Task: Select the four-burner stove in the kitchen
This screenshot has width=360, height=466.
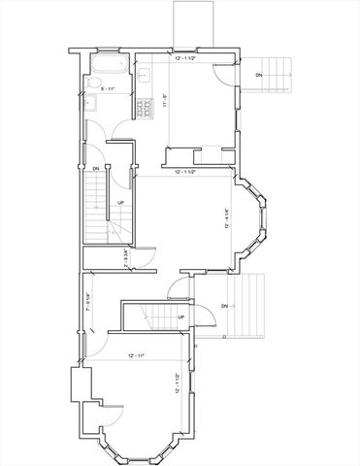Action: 148,108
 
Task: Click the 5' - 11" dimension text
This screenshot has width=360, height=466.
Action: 108,89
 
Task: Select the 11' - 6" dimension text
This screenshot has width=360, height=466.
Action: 165,100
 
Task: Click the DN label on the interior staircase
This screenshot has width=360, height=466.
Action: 96,170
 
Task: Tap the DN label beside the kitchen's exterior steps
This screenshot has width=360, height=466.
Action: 258,74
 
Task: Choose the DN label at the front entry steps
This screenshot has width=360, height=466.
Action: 225,307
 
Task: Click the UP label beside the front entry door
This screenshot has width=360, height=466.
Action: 181,316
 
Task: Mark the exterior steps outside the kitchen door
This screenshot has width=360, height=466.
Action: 276,74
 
